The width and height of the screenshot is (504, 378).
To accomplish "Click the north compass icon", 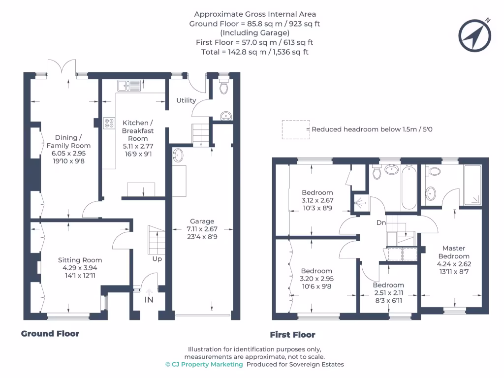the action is tap(475, 35).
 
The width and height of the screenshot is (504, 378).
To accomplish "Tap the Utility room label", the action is tap(186, 100).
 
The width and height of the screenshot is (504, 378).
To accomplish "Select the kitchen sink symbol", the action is tap(129, 86).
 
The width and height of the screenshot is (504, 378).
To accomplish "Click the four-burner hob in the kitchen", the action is tap(109, 123).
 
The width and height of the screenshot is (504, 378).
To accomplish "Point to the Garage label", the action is tap(202, 221).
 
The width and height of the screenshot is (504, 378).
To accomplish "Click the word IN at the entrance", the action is tap(149, 300).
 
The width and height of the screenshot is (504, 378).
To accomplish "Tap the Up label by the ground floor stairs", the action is tap(157, 259).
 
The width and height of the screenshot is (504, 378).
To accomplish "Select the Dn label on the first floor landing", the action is tap(381, 222).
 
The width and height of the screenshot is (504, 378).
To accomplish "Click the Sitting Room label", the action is tap(80, 260).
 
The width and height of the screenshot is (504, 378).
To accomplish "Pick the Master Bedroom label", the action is tap(454, 252).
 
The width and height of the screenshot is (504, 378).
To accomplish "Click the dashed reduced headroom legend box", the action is tap(296, 130).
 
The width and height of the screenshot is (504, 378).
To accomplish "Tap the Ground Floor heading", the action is tap(50, 334).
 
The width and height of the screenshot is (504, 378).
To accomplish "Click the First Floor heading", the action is tap(292, 335).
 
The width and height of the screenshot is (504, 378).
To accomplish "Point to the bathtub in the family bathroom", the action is tap(409, 188).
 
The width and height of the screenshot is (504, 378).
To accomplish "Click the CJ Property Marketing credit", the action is tap(204, 365).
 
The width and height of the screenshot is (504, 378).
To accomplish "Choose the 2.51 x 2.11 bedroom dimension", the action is tap(388, 293).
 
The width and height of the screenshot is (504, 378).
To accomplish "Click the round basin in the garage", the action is tap(178, 156).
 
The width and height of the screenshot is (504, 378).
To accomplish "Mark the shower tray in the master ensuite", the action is tap(472, 185).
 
